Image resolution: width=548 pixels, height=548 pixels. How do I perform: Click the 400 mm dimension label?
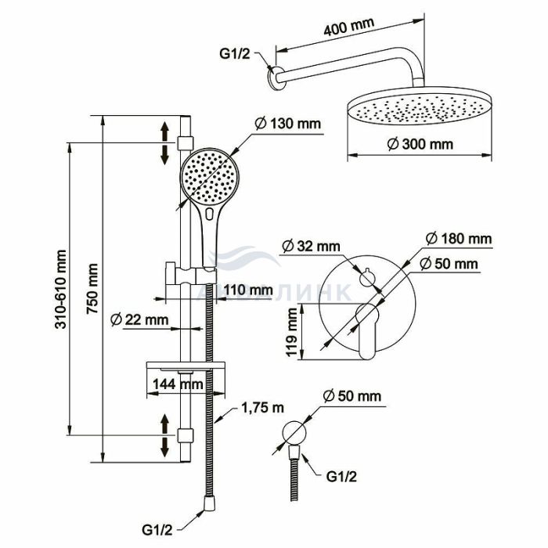(349, 27)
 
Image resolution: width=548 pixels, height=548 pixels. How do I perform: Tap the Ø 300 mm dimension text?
(420, 144)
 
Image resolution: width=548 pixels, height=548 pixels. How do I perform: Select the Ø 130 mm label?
(287, 124)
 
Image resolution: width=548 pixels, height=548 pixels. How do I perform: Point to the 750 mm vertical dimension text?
(92, 289)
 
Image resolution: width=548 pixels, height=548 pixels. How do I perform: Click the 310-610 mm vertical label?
(60, 289)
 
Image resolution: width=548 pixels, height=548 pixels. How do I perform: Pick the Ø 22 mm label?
(139, 319)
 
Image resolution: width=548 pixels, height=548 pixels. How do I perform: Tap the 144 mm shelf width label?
(178, 384)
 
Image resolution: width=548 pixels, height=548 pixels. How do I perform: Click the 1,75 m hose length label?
(262, 408)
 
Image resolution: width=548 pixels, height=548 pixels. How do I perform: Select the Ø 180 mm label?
(459, 239)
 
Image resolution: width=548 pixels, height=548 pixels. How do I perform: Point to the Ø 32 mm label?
(311, 246)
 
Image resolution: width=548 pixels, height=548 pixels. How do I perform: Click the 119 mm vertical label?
(291, 332)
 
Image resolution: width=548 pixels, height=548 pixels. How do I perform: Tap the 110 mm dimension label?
(248, 290)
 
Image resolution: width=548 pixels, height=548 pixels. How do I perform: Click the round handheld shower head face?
(210, 176)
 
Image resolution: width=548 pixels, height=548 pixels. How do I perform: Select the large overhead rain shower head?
(420, 109)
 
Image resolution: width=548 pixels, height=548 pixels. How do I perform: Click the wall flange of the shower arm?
(275, 78)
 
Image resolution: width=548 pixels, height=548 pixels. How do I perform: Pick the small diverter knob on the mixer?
(367, 278)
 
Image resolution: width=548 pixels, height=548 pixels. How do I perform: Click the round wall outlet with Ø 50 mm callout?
(294, 433)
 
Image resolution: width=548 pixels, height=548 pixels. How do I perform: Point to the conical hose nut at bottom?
(209, 503)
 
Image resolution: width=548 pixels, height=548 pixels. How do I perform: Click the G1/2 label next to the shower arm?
(235, 54)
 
